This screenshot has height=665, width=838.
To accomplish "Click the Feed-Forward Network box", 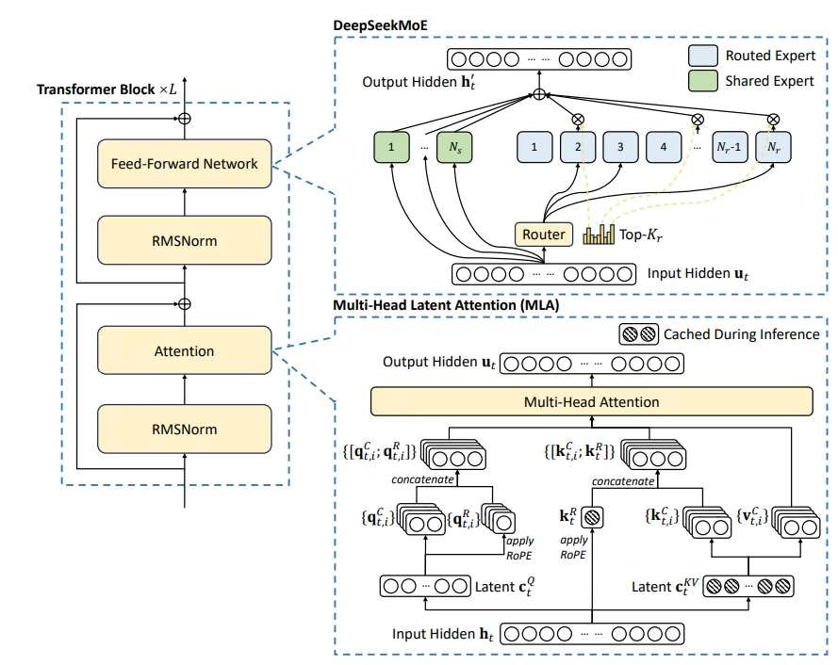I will [184, 164].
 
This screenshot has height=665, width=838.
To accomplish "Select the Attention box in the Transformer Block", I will [184, 351].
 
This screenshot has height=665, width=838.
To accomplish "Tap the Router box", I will [544, 234].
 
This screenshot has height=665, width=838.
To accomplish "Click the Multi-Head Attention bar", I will [591, 402].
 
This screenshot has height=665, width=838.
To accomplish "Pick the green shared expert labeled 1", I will [392, 147].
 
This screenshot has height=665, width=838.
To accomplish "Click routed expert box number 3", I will [620, 147].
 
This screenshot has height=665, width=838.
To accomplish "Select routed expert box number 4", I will [664, 147].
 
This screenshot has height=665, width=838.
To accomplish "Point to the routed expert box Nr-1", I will [731, 147].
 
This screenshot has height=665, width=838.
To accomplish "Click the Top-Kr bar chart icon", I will [598, 234].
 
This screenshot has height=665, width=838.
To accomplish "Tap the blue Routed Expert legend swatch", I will [704, 56].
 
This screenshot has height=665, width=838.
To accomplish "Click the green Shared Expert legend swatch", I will [704, 81].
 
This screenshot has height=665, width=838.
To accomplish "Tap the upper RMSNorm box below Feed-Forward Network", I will [184, 241].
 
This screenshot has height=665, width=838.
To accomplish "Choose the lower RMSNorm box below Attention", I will [184, 430].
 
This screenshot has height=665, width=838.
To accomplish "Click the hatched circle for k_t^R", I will [591, 517].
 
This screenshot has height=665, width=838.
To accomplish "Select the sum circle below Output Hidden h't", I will [539, 94].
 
